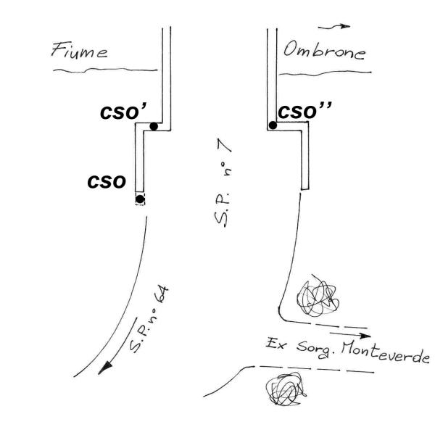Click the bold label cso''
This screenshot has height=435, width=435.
coord(308,112)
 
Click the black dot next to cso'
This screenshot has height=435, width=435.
coord(154,127)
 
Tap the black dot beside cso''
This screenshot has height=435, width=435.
coord(273,125)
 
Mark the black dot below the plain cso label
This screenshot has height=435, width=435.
coord(140,199)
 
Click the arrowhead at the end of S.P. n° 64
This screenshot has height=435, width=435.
coord(107,368)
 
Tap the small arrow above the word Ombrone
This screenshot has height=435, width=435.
coord(339,26)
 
